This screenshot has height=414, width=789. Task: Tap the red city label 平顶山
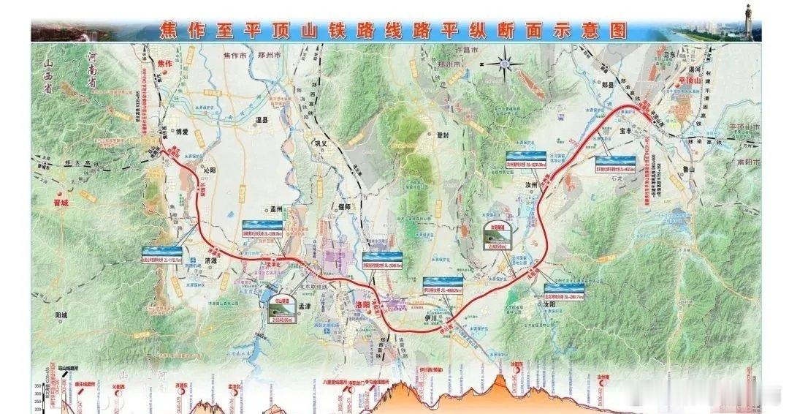coord(689,80)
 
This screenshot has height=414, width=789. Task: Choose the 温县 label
coord(261,118)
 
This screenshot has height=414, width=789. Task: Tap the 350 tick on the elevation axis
coord(38,385)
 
